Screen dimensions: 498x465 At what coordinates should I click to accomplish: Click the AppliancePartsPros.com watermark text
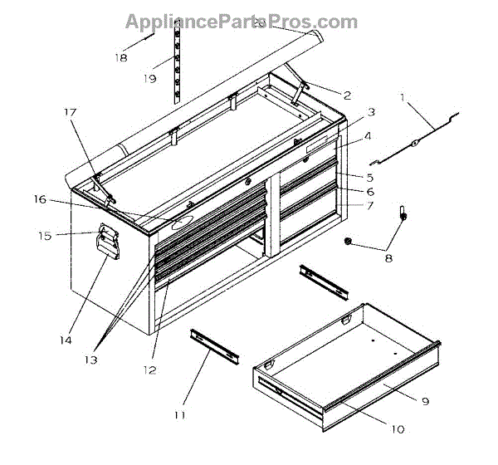click(x=242, y=22)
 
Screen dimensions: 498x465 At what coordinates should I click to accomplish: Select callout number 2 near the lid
click(x=347, y=95)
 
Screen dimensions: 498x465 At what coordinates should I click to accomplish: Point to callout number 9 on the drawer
click(x=424, y=401)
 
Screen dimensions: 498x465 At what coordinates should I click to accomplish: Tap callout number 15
click(x=45, y=236)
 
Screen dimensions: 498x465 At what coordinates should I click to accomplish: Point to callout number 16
click(x=39, y=199)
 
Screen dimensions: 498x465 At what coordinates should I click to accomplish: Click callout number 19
click(x=150, y=79)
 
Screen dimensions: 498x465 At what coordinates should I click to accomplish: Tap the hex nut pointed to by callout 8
click(x=349, y=242)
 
